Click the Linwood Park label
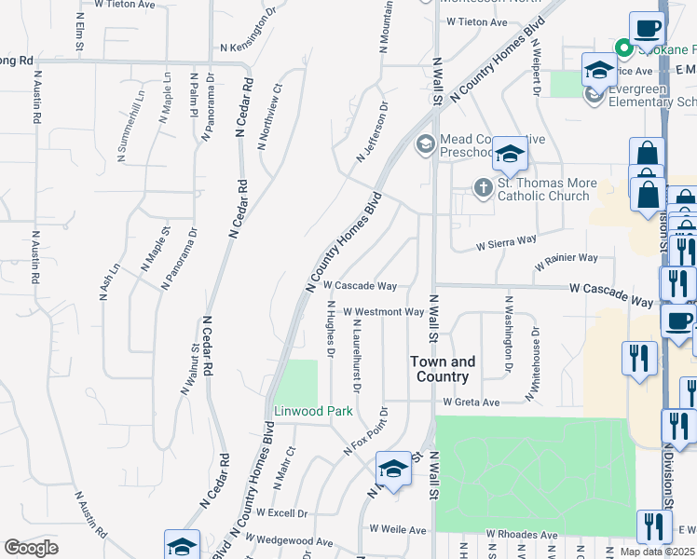coord(300,411)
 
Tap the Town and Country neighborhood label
coord(443,369)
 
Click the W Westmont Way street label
coord(384,312)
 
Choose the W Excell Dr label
coord(281,513)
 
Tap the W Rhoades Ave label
coord(521,536)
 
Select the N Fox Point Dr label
coord(369,430)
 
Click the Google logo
coord(32,548)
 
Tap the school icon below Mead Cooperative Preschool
coord(510,156)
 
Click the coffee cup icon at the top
coord(647,29)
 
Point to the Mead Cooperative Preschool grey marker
coord(425,143)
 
